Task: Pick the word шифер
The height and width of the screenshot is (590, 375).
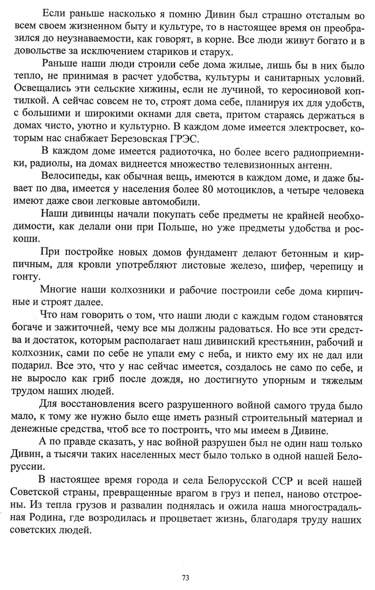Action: [x=280, y=267]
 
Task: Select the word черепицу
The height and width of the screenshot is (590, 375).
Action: [x=328, y=267]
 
